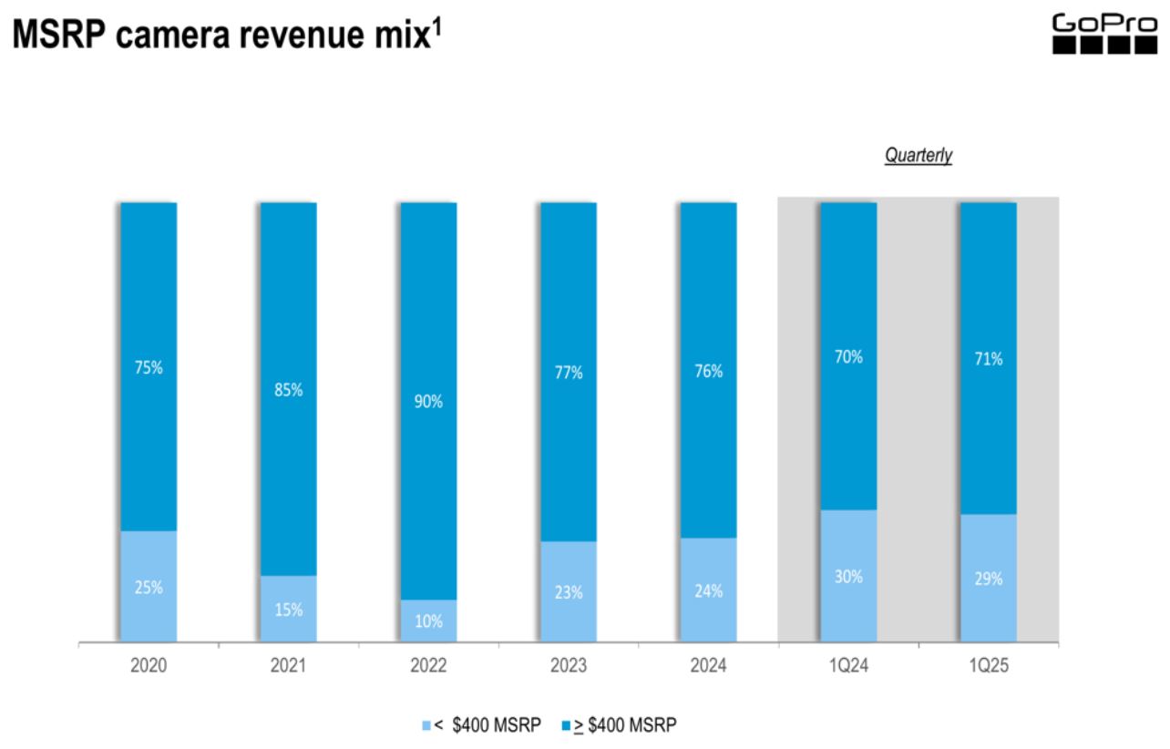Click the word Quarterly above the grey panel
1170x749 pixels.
coord(918,156)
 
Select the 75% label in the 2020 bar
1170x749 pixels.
coord(149,368)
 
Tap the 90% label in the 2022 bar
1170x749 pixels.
coord(428,402)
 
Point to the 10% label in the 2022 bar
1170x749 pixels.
coord(428,621)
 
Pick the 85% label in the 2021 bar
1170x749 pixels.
coord(288,390)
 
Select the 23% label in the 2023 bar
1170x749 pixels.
coord(569,592)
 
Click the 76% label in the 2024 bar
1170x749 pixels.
coord(708,371)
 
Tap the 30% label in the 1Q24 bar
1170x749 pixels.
coord(848,577)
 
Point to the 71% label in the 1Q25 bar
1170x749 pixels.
coord(988,359)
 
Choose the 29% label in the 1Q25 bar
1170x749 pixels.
coord(988,579)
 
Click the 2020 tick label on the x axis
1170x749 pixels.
coord(149,667)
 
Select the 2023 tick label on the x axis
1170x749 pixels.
coord(569,667)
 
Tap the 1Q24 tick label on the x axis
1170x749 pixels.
coord(848,667)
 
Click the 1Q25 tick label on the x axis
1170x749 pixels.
coord(988,667)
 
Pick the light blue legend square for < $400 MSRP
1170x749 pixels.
coord(426,726)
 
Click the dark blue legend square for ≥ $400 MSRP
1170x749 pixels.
coord(565,726)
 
